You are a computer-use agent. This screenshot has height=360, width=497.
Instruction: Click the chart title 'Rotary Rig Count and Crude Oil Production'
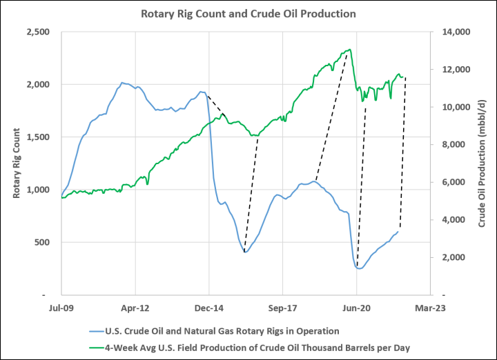click(248, 14)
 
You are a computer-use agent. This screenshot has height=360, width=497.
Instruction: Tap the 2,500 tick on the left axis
click(38, 32)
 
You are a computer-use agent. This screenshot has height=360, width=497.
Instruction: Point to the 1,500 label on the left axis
click(38, 137)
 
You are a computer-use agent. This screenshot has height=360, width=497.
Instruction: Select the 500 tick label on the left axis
click(42, 242)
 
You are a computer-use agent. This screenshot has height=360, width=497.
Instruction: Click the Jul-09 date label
click(61, 308)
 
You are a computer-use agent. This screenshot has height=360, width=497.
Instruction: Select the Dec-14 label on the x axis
click(209, 308)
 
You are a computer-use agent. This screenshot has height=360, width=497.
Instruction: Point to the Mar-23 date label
click(430, 308)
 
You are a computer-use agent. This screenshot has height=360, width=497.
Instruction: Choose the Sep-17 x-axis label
click(282, 308)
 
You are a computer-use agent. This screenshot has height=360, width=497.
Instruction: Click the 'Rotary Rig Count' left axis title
click(16, 163)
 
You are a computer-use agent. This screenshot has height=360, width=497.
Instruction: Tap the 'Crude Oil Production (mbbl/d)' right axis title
click(482, 163)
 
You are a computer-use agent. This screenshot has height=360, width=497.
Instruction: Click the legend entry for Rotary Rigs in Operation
click(214, 331)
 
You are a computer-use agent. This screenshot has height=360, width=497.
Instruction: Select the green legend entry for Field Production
click(249, 348)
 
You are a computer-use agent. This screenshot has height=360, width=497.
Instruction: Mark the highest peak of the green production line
click(349, 50)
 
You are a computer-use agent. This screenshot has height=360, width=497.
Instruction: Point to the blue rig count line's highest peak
click(122, 83)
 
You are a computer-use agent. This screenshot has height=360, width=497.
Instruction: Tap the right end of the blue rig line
click(398, 232)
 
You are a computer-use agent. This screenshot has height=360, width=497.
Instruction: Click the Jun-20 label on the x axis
click(357, 308)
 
